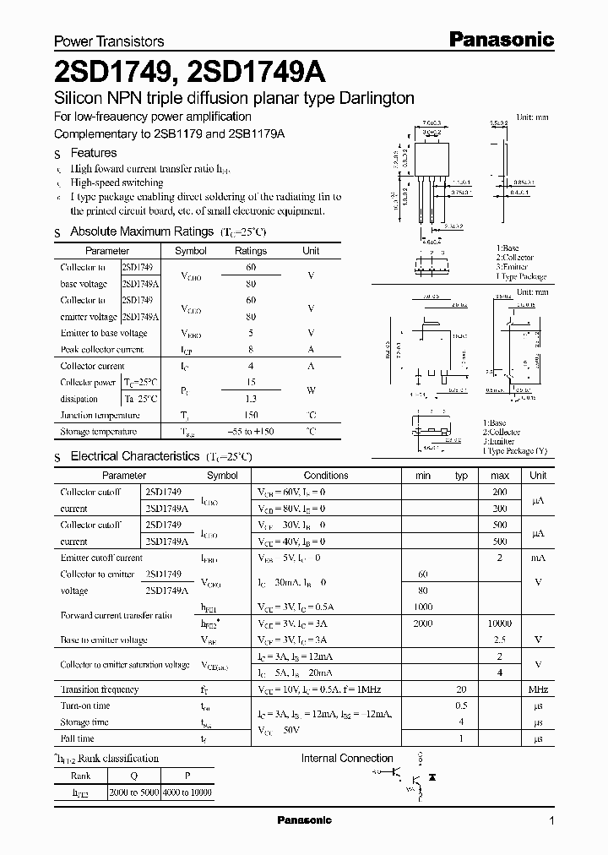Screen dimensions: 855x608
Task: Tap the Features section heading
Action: point(93,153)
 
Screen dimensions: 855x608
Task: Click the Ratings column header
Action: point(251,251)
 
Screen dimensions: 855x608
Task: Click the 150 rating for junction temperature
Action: point(251,415)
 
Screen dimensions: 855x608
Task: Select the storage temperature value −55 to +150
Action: point(251,432)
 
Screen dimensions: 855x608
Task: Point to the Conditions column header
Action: point(325,476)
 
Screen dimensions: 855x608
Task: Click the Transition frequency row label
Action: point(99,689)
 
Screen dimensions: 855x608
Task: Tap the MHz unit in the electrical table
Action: point(538,689)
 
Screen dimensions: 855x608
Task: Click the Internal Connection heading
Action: point(347,758)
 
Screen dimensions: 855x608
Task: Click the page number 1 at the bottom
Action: point(551,821)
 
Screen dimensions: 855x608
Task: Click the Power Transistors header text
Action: point(109,41)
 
